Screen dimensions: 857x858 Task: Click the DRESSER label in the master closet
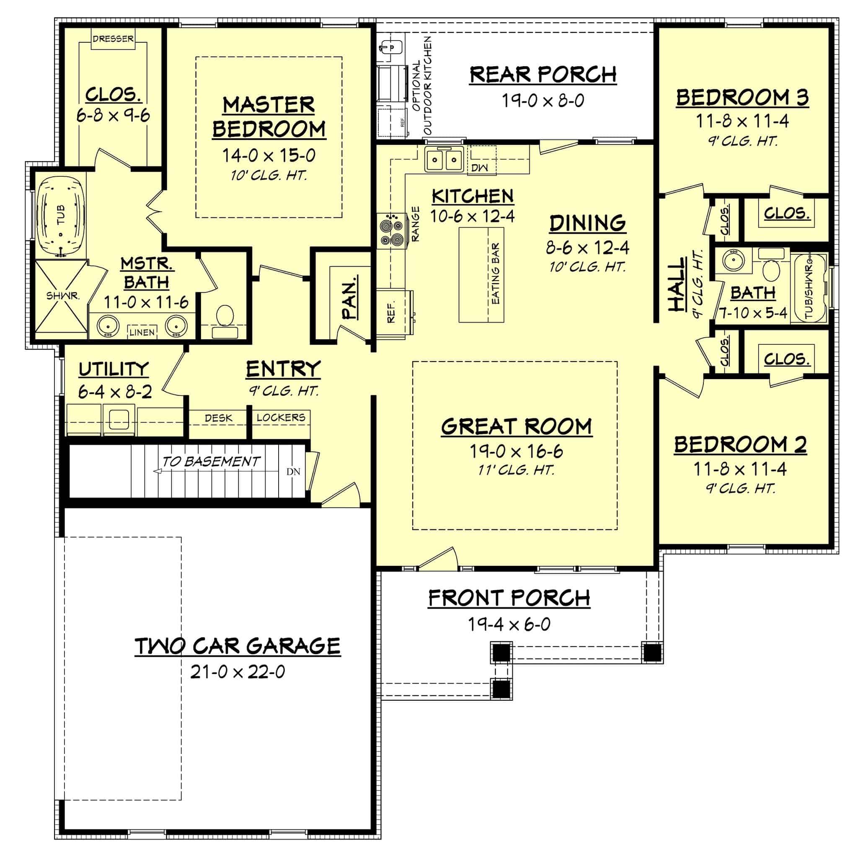[x=113, y=39]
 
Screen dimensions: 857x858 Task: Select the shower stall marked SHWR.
[x=61, y=296]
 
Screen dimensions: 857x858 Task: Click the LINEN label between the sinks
[x=142, y=332]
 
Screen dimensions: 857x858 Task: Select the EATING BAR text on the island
[x=496, y=274]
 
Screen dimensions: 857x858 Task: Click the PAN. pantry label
[x=350, y=298]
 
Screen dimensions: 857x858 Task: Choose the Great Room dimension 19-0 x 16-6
[x=516, y=452]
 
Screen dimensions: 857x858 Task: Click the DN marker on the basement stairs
[x=293, y=472]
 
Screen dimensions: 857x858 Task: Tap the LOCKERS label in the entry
[x=281, y=417]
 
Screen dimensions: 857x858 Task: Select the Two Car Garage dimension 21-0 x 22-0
[x=238, y=672]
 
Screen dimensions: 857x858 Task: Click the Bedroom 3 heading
[x=742, y=97]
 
